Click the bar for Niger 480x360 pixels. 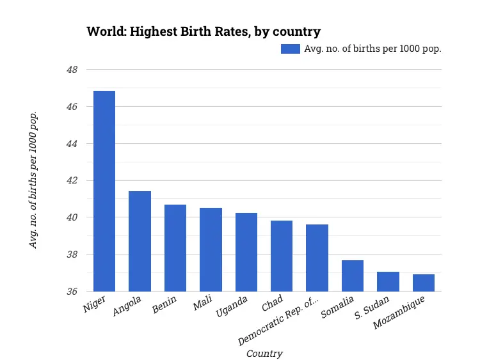pos(104,191)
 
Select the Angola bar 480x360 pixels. pos(140,241)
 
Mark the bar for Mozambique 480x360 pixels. pos(424,283)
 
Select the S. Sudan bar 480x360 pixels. pos(388,281)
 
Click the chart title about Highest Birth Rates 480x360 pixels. pos(204,31)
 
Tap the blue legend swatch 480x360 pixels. pos(291,49)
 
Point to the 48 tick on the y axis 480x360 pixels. pos(72,70)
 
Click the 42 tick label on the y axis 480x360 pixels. pos(72,181)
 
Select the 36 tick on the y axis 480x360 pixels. pos(72,292)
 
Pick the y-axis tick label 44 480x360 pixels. pos(72,144)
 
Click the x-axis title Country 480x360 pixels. pos(264,354)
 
